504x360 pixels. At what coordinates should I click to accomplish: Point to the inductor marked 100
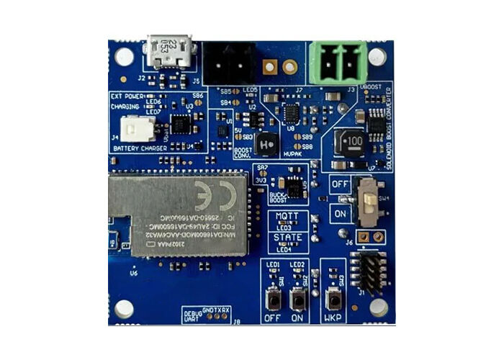[353, 140]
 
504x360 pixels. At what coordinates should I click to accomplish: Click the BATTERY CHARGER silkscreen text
[140, 148]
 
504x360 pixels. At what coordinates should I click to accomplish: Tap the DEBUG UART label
[193, 315]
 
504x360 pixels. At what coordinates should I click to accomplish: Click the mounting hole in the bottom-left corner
[125, 308]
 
